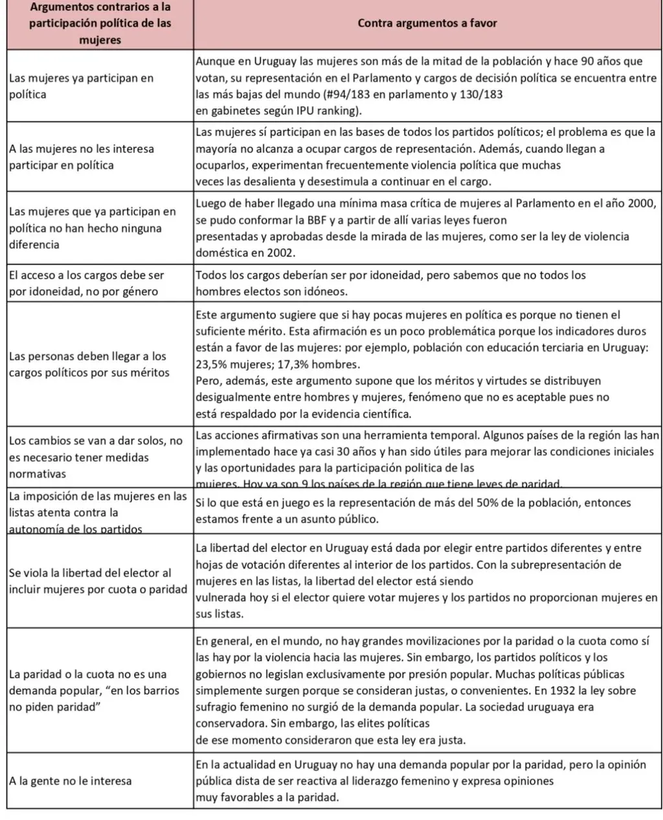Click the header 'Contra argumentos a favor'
[x=427, y=23]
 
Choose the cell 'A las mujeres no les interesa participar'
[x=82, y=157]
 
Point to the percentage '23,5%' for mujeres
[x=210, y=364]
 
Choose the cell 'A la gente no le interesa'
[x=71, y=780]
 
